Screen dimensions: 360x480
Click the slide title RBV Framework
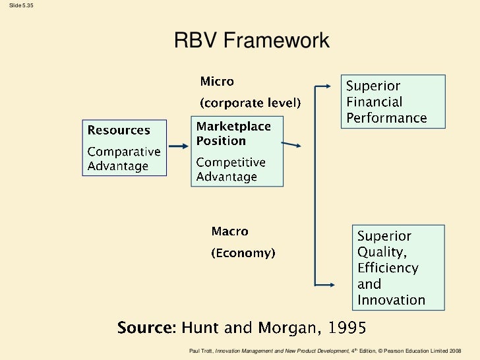(x=251, y=42)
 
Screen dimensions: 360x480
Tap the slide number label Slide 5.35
(x=17, y=6)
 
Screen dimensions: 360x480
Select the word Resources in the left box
(x=119, y=130)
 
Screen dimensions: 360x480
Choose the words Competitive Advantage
(x=231, y=169)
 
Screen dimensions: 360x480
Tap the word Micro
(x=217, y=82)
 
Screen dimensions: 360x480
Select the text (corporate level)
(x=251, y=103)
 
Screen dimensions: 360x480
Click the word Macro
(x=229, y=231)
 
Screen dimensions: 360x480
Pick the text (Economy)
(x=243, y=253)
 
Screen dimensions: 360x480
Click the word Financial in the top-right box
(x=374, y=102)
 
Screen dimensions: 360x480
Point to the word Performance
(x=386, y=118)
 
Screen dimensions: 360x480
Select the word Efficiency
(x=388, y=268)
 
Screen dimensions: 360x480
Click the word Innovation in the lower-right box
(x=391, y=300)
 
